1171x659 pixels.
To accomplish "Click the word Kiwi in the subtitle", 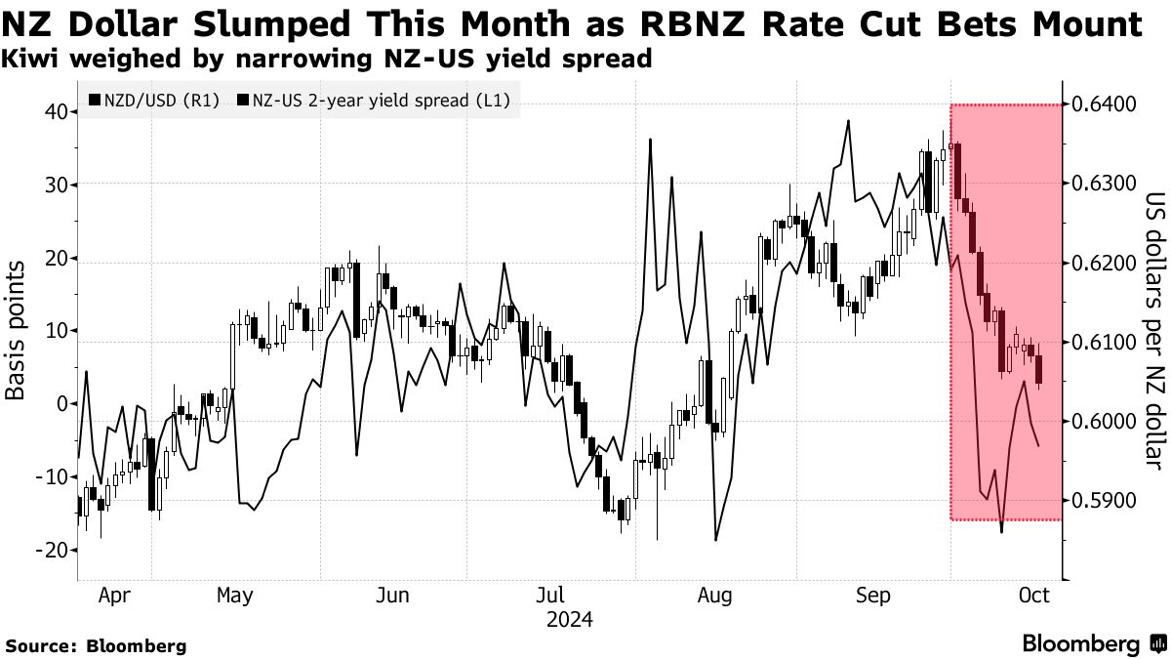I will coord(30,60).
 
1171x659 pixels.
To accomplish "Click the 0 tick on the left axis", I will coord(61,404).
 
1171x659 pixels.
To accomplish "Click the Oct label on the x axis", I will coord(1033,596).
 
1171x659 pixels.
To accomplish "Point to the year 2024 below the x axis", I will coord(570,620).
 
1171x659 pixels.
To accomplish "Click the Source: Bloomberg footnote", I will coord(96,645).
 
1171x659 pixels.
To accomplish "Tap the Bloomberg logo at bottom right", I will coord(1093,643).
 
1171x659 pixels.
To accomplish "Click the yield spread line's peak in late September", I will coord(848,121).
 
